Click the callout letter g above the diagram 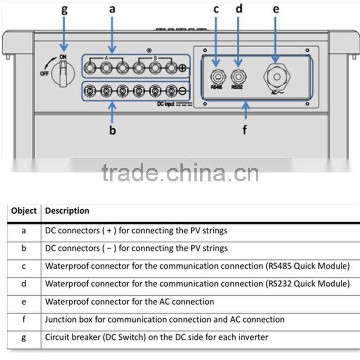pos(64,10)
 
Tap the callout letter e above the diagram pos(276,9)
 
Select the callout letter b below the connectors pos(112,130)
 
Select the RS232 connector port pos(237,75)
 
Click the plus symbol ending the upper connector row pos(183,68)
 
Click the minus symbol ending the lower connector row pos(183,91)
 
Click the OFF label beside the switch pos(44,73)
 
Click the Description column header pos(67,211)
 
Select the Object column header pos(24,211)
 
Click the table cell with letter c pos(24,266)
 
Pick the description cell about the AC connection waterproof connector pos(130,301)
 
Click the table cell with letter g pos(24,337)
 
